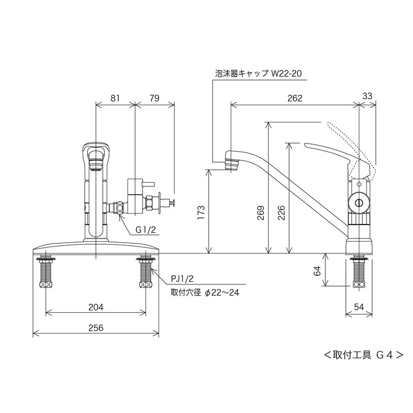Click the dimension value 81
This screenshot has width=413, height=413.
115,97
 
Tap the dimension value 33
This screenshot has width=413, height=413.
368,96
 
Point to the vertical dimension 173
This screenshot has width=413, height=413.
201,212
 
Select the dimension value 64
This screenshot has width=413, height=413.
317,269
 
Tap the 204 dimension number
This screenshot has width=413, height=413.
96,307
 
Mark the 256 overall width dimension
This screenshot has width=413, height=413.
96,328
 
